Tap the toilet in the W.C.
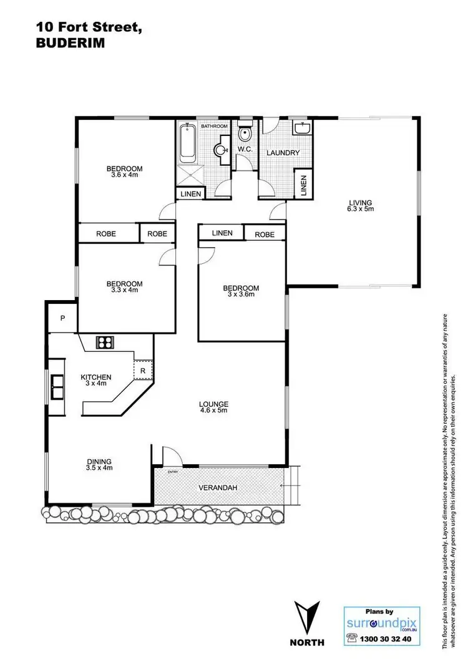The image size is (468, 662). point(245,134)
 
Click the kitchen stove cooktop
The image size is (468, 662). point(104,342)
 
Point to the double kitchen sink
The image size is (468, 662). point(57,386)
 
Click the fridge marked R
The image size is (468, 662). point(144,370)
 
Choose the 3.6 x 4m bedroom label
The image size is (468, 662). point(124,172)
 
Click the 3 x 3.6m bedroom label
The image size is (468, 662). point(241,291)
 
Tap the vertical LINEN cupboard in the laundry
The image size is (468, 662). point(304,185)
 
